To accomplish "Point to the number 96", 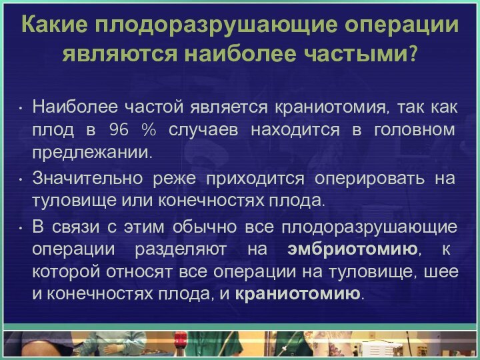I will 117,129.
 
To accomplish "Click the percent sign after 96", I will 149,129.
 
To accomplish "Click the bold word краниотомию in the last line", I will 298,294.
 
